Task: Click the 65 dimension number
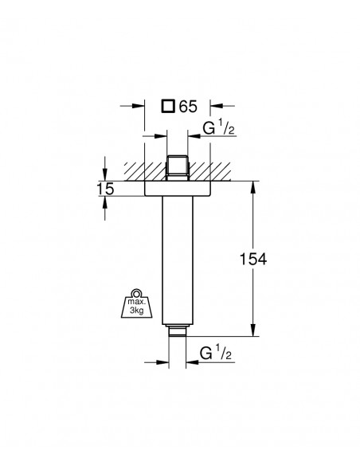[x=188, y=107]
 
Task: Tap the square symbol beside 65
[x=168, y=106]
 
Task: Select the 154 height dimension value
[x=253, y=259]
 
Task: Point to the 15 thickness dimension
[x=106, y=189]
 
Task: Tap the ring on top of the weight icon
[x=137, y=293]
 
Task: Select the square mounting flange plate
[x=178, y=189]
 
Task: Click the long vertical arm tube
[x=178, y=260]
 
